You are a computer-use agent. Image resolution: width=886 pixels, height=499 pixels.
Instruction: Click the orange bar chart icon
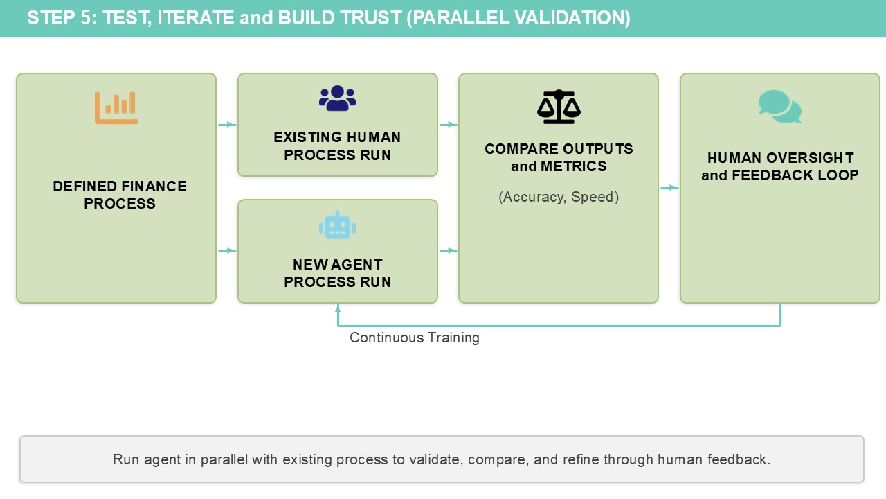pos(116,107)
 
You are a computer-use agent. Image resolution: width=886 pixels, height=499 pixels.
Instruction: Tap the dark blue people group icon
pos(337,98)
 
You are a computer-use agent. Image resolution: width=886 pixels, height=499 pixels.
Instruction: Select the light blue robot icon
pos(337,226)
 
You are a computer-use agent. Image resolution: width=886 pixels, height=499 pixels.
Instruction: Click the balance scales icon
pos(559,107)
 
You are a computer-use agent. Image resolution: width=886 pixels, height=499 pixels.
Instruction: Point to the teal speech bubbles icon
pos(780,107)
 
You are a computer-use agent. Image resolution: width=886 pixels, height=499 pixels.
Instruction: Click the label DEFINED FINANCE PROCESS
pos(120,195)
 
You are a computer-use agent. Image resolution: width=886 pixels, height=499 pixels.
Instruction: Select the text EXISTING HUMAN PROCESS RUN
pos(337,146)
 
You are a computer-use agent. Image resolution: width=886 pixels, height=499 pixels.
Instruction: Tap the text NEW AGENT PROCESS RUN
pos(337,273)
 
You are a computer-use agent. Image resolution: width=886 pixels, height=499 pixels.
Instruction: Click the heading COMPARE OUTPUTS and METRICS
pos(559,157)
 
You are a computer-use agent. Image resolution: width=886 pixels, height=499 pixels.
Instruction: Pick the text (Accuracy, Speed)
pos(559,197)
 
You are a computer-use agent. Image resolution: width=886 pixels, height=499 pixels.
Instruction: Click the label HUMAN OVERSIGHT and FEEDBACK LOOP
pos(780,166)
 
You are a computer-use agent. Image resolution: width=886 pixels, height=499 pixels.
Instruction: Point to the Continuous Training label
pos(414,338)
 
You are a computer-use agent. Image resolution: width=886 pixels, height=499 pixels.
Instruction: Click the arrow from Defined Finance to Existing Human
pos(227,125)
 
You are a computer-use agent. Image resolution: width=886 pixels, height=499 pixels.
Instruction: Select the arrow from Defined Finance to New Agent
pos(227,251)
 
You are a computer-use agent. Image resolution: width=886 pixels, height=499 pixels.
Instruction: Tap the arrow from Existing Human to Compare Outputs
pos(449,125)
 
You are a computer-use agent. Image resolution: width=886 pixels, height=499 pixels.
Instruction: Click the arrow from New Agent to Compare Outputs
pos(449,251)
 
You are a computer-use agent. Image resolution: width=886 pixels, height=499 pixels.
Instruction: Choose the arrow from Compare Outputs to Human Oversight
pos(669,188)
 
